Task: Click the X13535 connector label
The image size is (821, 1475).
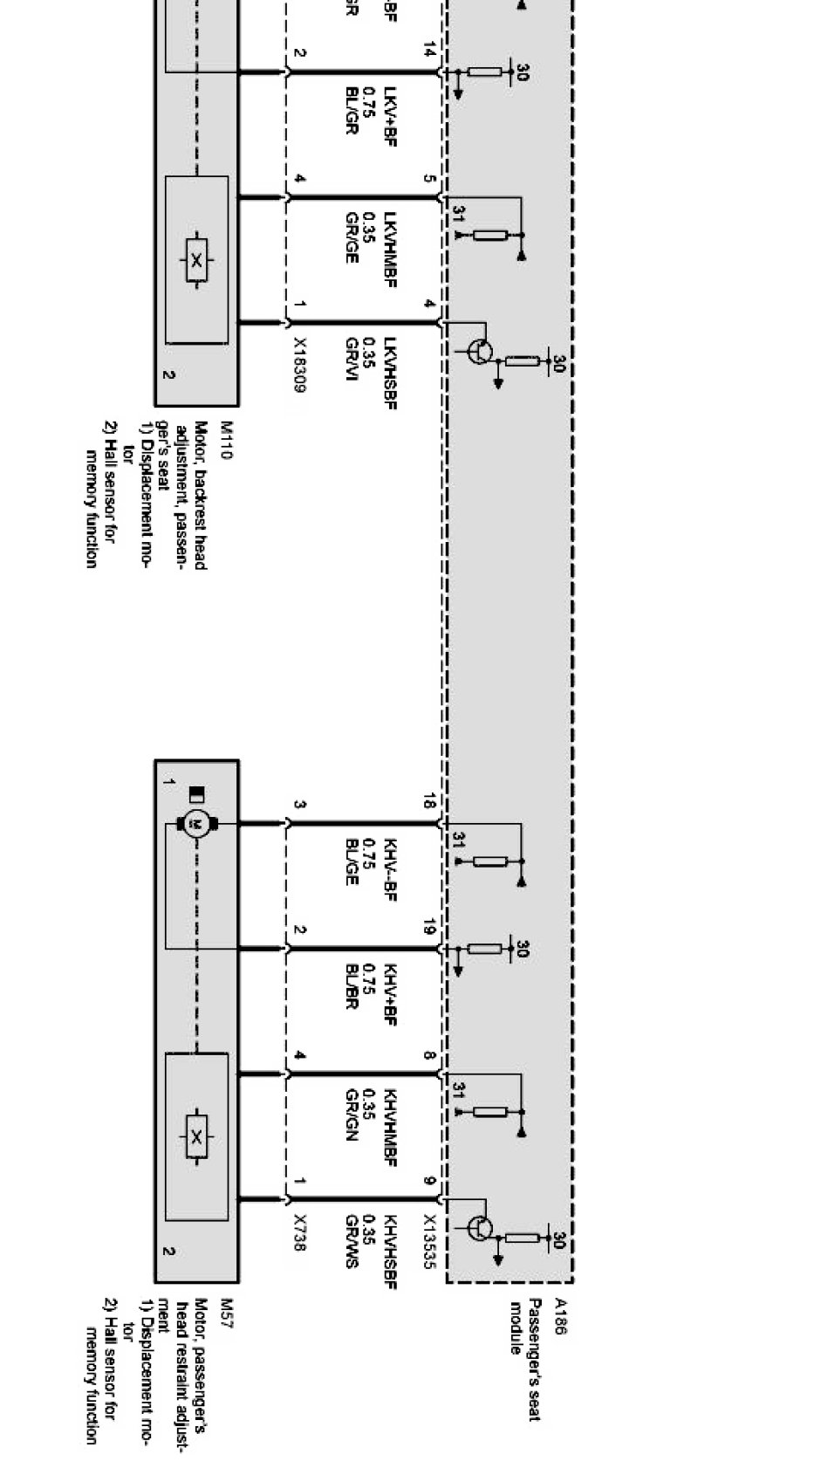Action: tap(429, 1240)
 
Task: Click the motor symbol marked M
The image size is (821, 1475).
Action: tap(196, 823)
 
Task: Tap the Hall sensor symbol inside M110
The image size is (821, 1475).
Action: tap(197, 259)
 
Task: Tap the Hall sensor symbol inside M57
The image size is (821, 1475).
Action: tap(197, 1136)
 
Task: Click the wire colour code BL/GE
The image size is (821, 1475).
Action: tap(352, 861)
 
